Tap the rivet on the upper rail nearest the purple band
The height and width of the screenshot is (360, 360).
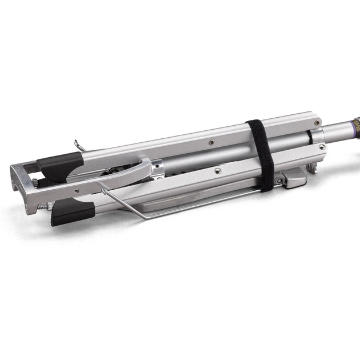point(322,147)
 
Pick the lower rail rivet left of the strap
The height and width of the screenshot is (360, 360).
point(218,170)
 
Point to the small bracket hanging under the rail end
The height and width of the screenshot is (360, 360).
point(311,168)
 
